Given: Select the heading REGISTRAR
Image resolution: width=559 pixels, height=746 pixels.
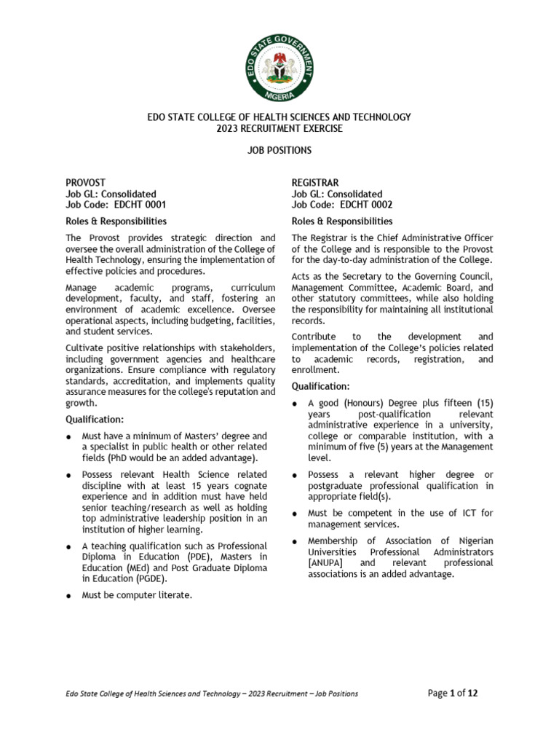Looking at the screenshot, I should (x=315, y=182).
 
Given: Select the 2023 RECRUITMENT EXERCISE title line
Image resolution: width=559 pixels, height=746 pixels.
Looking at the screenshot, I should (x=279, y=128).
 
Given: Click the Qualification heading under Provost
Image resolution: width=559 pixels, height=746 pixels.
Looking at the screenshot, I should (x=95, y=419).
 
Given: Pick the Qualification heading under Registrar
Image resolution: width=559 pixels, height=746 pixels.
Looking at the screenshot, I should (x=321, y=385).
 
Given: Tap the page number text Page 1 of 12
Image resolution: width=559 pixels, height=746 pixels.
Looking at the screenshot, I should (x=453, y=693).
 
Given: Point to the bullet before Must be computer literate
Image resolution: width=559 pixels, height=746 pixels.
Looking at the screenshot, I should (x=68, y=596).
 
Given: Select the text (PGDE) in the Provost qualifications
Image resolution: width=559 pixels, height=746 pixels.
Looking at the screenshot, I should (x=151, y=578).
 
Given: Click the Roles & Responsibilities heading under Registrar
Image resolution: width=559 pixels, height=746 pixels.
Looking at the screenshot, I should (x=342, y=221).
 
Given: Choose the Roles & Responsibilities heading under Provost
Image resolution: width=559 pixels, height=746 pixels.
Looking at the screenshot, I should (x=116, y=221).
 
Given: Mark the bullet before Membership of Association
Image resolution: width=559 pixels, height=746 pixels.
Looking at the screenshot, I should (x=294, y=541).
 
